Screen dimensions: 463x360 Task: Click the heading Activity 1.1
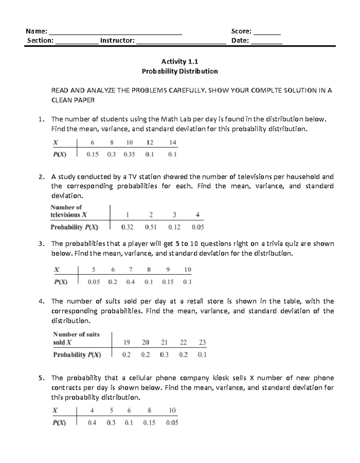(180, 62)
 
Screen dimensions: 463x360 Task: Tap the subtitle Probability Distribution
(180, 71)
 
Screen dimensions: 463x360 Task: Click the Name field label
(36, 31)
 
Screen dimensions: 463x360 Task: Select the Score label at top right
(241, 31)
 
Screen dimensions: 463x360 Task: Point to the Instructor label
(117, 41)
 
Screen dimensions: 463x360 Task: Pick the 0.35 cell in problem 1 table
(129, 154)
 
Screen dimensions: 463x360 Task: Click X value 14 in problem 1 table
(172, 143)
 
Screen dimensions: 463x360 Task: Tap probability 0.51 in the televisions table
(151, 227)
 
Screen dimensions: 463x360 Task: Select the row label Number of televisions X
(69, 211)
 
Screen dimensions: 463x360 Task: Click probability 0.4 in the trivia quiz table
(130, 282)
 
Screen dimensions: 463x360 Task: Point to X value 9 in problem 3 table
(168, 269)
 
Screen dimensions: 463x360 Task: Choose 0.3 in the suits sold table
(164, 355)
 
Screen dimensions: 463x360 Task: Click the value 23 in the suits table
(202, 342)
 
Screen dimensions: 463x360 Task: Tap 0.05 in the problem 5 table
(172, 422)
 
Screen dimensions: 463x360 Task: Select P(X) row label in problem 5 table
(59, 422)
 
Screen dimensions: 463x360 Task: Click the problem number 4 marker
(41, 301)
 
